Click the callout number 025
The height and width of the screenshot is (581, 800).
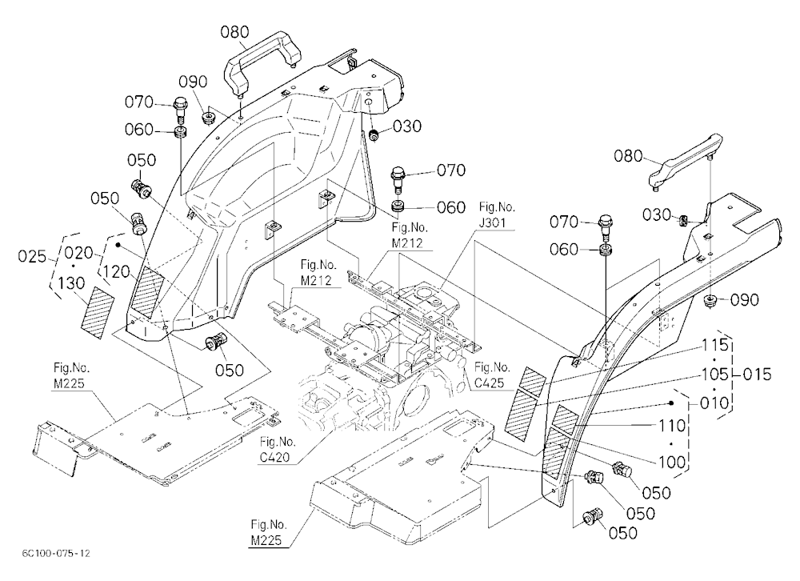pyautogui.click(x=32, y=256)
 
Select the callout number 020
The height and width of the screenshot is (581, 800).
pyautogui.click(x=78, y=252)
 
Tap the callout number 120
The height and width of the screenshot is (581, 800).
pyautogui.click(x=116, y=271)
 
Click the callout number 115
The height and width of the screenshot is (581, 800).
pyautogui.click(x=714, y=345)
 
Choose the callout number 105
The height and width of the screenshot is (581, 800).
pyautogui.click(x=714, y=375)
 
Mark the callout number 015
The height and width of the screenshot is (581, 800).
pyautogui.click(x=757, y=375)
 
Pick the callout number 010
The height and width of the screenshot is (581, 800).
pyautogui.click(x=714, y=403)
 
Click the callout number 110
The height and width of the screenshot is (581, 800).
pyautogui.click(x=673, y=425)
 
